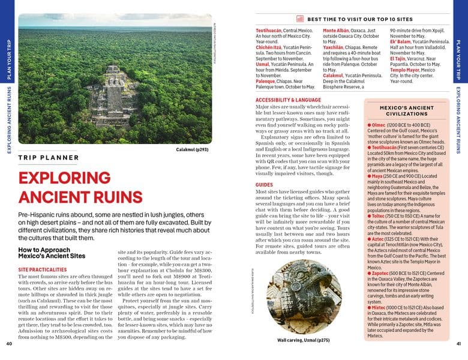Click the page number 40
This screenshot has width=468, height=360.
(x=9, y=344)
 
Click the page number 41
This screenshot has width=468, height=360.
(x=458, y=344)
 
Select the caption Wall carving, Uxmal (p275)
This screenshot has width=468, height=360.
(x=303, y=340)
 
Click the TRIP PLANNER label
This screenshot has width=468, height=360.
(x=48, y=158)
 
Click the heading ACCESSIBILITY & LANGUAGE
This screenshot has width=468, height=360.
(x=288, y=100)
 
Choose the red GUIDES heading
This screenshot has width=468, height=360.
(x=264, y=185)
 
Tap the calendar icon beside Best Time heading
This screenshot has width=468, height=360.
(x=300, y=19)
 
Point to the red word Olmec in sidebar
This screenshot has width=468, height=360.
(x=378, y=124)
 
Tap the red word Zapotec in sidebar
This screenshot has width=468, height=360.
(x=381, y=273)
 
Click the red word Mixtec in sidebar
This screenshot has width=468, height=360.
(x=379, y=307)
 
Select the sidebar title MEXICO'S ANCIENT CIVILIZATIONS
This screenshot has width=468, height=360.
(x=406, y=110)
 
